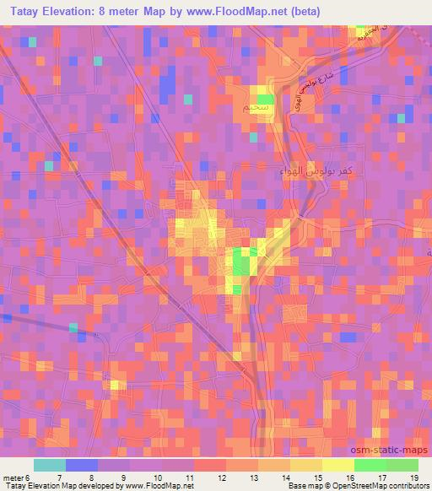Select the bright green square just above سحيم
[265, 98]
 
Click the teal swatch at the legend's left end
[49, 465]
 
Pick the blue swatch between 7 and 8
[81, 465]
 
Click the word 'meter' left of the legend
[14, 478]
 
